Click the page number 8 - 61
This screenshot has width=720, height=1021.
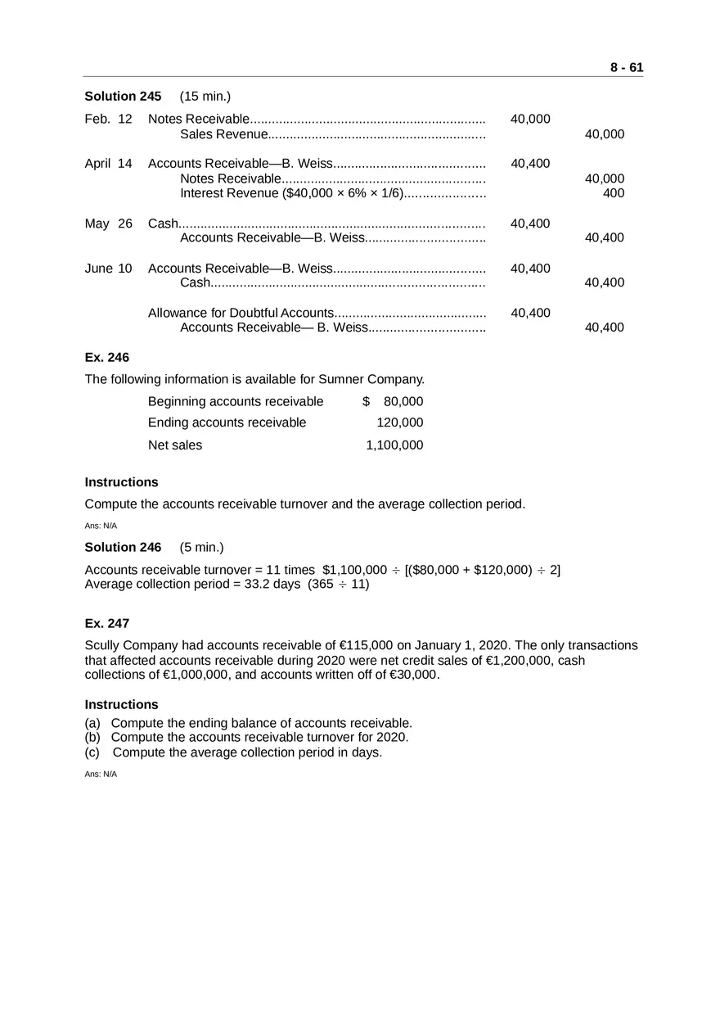pyautogui.click(x=626, y=68)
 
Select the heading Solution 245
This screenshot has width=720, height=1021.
pyautogui.click(x=123, y=97)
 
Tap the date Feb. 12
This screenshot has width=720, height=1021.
pyautogui.click(x=108, y=120)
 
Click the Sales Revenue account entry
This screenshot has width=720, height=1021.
pyautogui.click(x=224, y=134)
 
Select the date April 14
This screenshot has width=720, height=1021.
pyautogui.click(x=108, y=164)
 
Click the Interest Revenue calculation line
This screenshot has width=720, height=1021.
pyautogui.click(x=292, y=193)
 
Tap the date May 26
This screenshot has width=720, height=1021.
pyautogui.click(x=108, y=224)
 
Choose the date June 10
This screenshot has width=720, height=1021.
pyautogui.click(x=108, y=269)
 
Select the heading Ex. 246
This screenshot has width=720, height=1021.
pyautogui.click(x=107, y=358)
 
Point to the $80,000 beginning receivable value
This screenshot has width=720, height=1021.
pyautogui.click(x=394, y=401)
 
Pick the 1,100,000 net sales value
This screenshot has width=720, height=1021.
pyautogui.click(x=394, y=445)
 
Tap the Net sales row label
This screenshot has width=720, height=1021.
pyautogui.click(x=175, y=445)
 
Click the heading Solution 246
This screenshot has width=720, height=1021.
pyautogui.click(x=123, y=548)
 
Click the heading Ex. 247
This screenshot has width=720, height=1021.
pyautogui.click(x=107, y=624)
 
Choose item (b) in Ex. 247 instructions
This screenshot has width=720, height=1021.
pyautogui.click(x=259, y=738)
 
